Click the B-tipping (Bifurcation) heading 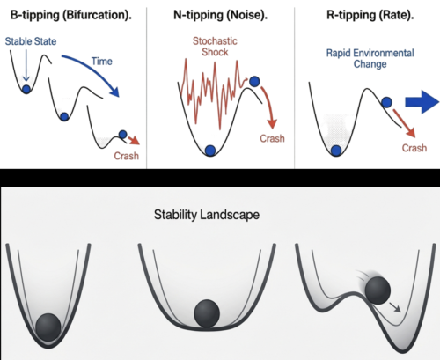click(71, 15)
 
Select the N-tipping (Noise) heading click(220, 15)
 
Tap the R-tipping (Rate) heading click(370, 15)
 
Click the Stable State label click(31, 41)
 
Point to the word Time click(102, 62)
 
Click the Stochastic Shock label click(215, 47)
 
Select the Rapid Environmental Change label click(370, 58)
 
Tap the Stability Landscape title click(207, 215)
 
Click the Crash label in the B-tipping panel click(126, 156)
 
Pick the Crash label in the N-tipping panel click(272, 138)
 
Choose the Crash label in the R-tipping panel click(414, 148)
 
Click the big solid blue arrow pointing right click(422, 102)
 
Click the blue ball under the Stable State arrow click(26, 89)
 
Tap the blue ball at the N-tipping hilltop click(254, 82)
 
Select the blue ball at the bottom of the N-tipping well click(210, 151)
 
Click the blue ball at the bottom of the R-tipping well click(336, 151)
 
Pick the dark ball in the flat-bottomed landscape click(207, 313)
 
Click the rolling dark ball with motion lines click(378, 290)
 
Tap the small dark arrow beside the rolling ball click(395, 307)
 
